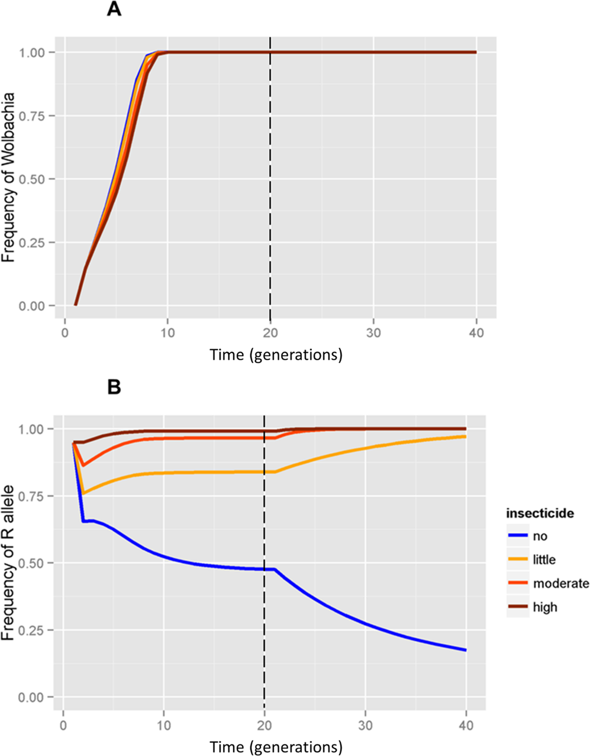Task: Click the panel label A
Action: click(114, 9)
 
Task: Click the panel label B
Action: click(114, 387)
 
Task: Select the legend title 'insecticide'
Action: click(540, 513)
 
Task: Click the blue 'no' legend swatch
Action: click(517, 537)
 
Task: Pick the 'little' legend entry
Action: click(544, 560)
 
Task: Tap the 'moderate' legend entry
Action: click(560, 583)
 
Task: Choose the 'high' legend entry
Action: click(544, 607)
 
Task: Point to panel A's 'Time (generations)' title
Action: click(276, 355)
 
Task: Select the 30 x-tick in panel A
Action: click(373, 332)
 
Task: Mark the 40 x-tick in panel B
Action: click(466, 724)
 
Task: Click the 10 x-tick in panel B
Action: click(164, 724)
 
